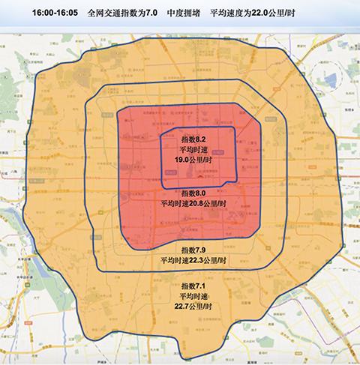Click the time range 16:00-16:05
tap(55, 13)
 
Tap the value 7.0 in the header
tap(152, 13)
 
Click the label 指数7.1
tap(193, 286)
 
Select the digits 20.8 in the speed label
tap(192, 202)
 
